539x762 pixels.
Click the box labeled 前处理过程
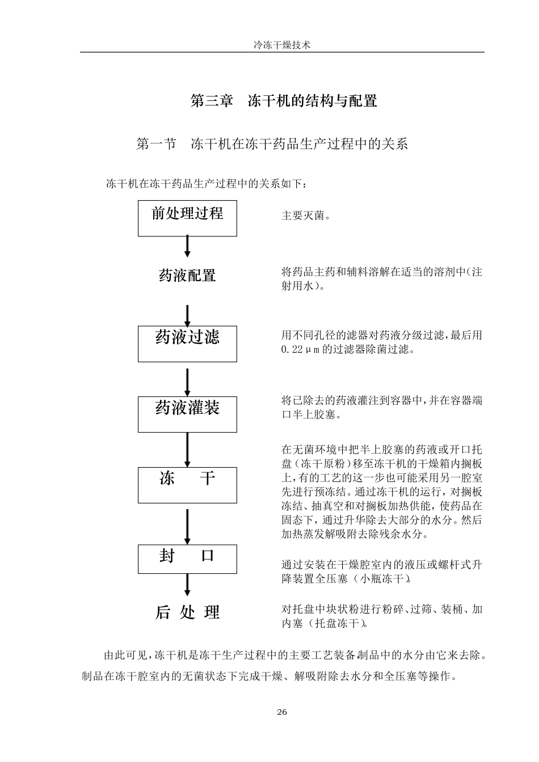tap(187, 218)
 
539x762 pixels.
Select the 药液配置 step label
tap(187, 276)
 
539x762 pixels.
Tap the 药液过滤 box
tap(187, 343)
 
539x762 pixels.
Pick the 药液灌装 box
tap(187, 413)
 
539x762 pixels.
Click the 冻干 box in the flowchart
tap(187, 485)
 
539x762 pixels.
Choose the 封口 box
tap(187, 558)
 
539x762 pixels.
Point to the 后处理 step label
tap(187, 612)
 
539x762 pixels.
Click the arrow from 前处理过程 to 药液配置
tap(187, 247)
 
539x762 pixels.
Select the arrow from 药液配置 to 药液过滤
tap(187, 315)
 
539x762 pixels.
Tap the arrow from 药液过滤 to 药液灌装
tap(187, 383)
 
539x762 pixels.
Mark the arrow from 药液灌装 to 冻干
tap(187, 450)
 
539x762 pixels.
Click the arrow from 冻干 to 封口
tap(187, 526)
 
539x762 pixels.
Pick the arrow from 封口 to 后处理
tap(187, 584)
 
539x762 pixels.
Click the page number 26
tap(282, 712)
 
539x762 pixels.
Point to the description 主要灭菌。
tap(306, 216)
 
